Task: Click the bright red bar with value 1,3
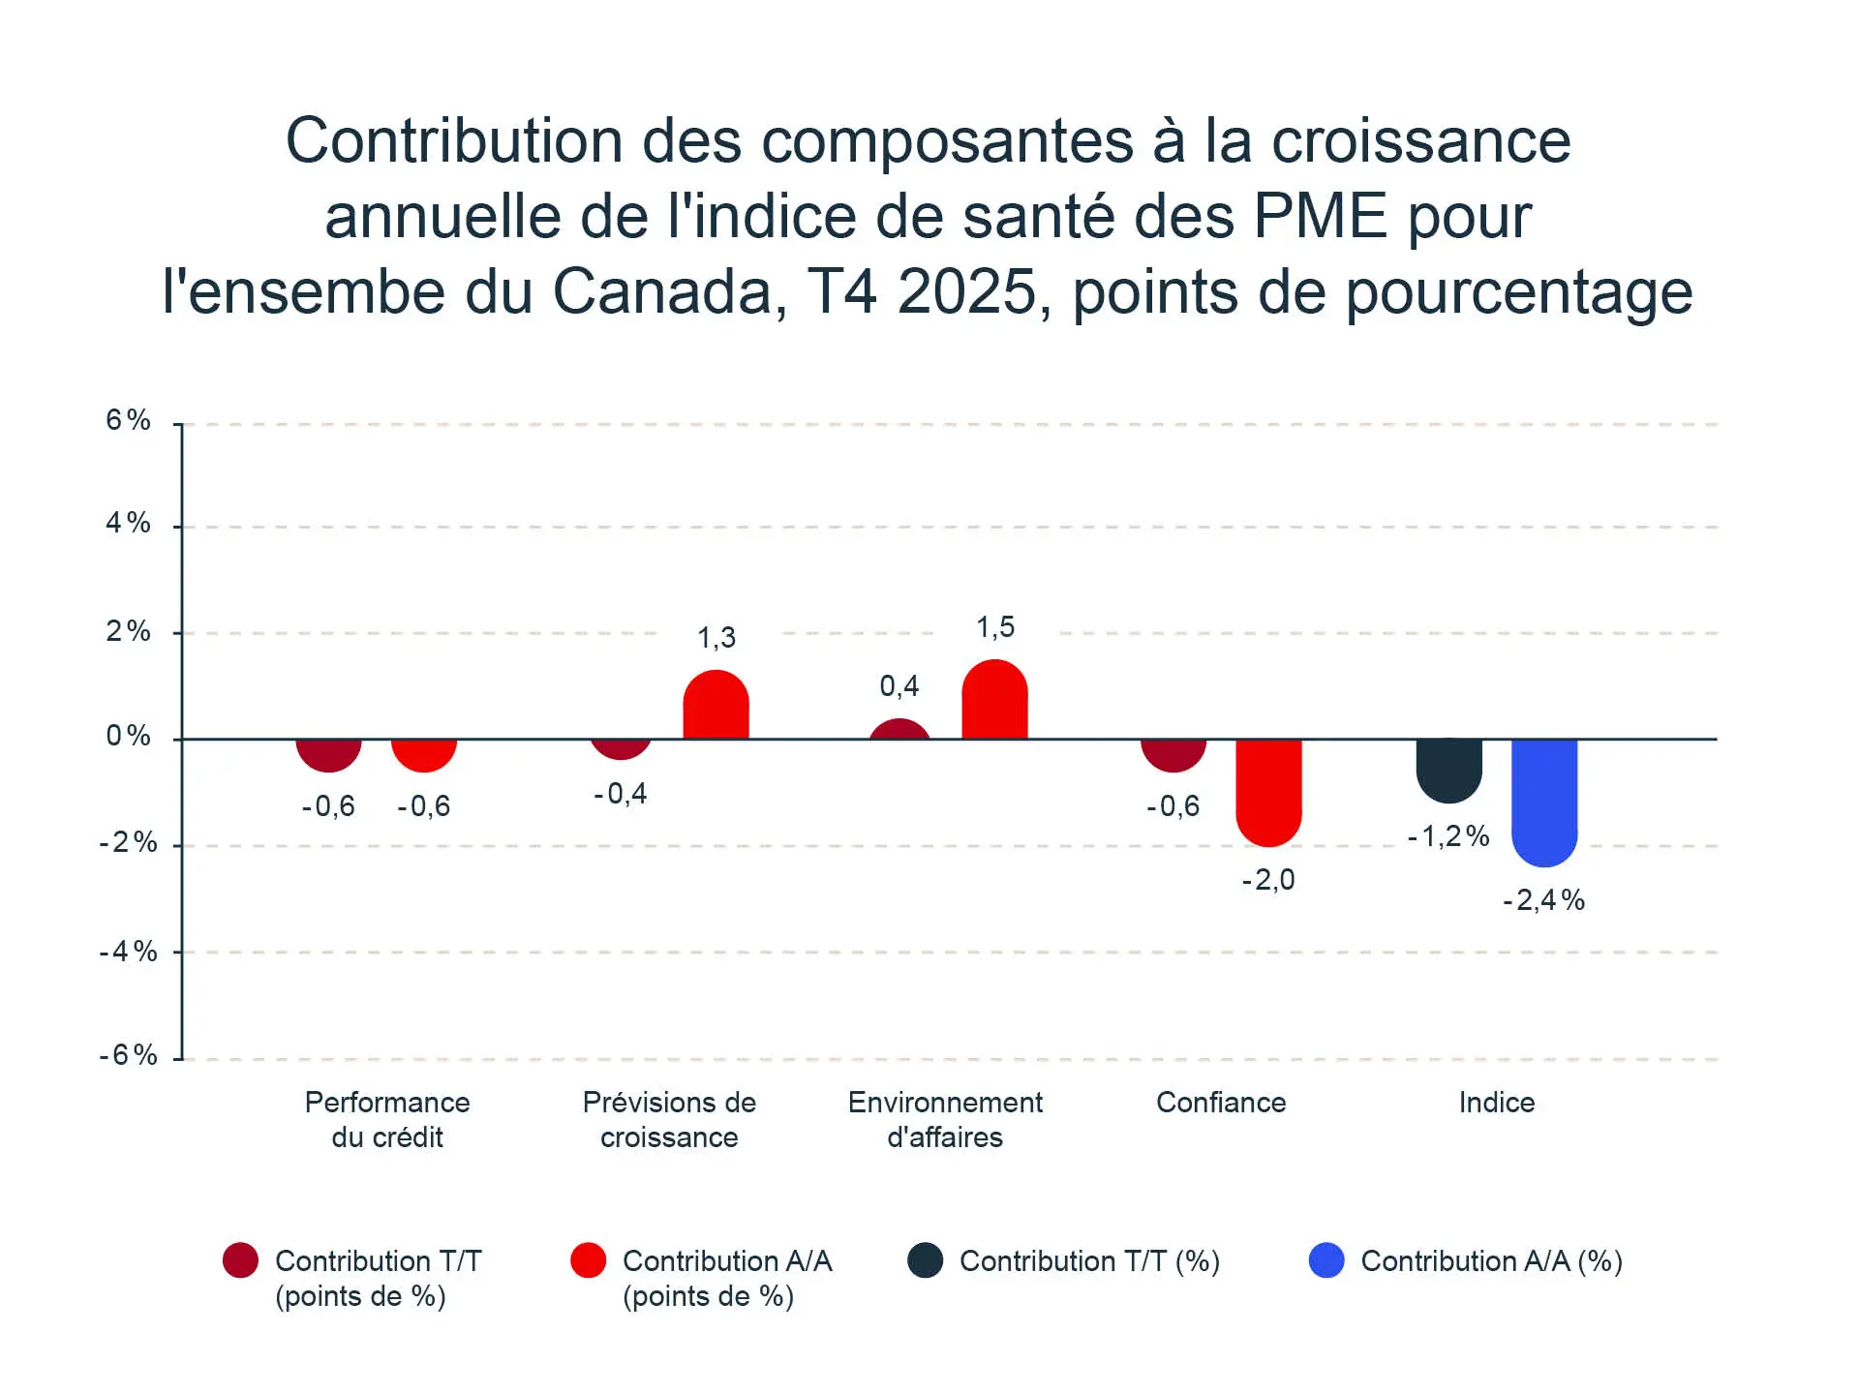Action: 716,706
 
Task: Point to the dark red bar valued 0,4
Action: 899,730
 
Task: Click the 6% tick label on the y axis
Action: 128,420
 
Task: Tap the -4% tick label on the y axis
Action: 128,952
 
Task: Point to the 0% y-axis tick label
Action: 128,737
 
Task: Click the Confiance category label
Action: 1221,1103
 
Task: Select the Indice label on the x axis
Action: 1496,1103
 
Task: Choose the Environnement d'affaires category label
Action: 945,1120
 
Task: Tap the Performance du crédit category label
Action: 387,1120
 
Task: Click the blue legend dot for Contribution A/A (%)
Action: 1326,1260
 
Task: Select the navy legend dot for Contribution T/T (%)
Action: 926,1260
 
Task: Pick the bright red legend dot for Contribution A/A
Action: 588,1260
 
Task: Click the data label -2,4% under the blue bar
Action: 1543,901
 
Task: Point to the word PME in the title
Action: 1321,216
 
